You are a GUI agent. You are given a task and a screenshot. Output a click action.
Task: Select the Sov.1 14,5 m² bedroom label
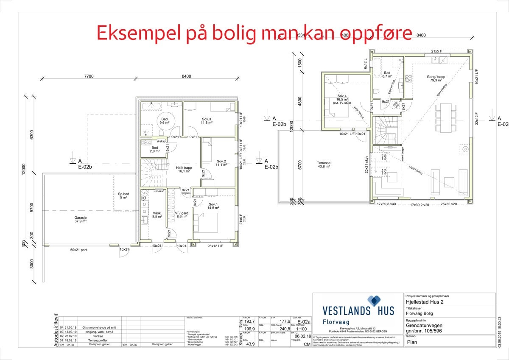click(x=213, y=206)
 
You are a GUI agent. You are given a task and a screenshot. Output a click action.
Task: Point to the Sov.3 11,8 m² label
click(x=206, y=121)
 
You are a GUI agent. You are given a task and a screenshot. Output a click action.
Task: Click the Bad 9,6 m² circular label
click(x=164, y=120)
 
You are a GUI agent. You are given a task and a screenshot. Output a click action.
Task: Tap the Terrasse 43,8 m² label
click(x=323, y=165)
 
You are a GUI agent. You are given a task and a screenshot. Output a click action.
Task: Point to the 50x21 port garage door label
click(x=78, y=250)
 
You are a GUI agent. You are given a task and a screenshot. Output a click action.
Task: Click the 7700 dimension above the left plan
click(x=89, y=76)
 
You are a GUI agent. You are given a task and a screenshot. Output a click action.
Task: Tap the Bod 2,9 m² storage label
click(x=155, y=149)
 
